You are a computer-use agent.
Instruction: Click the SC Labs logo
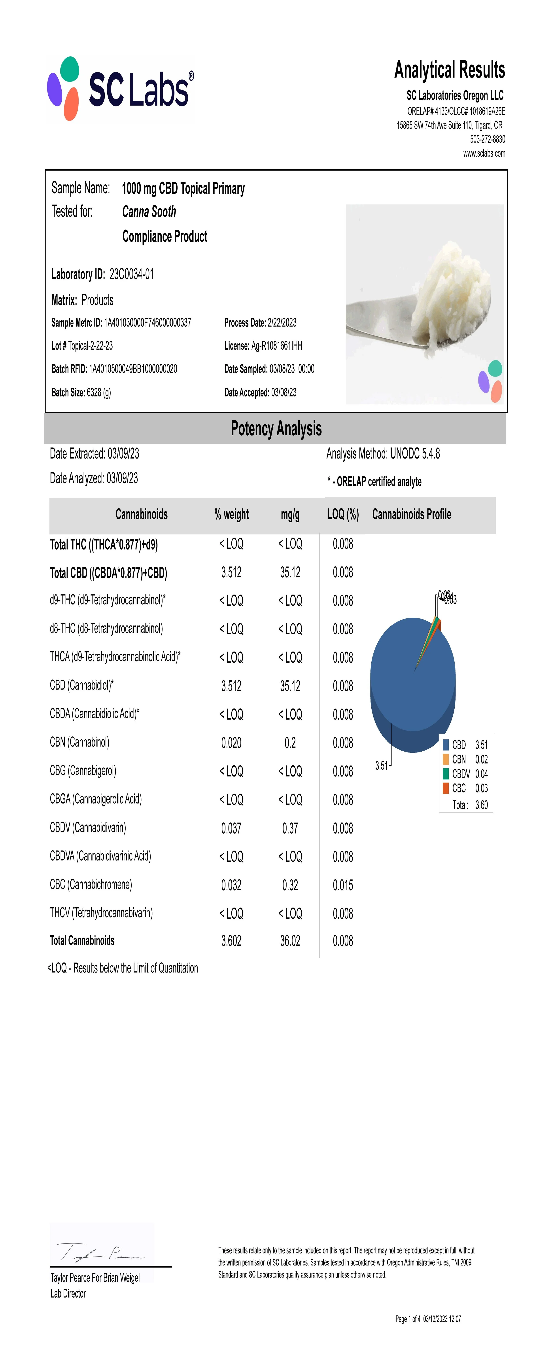[x=120, y=89]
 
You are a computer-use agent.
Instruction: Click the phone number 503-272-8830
[x=487, y=139]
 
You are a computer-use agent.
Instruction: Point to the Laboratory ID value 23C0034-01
[x=132, y=274]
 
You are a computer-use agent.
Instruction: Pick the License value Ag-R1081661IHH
[x=276, y=346]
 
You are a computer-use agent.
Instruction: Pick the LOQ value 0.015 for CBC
[x=343, y=885]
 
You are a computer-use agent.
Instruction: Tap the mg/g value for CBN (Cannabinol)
[x=290, y=743]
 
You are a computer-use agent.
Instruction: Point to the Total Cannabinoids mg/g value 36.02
[x=290, y=941]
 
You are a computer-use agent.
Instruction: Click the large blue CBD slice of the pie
[x=406, y=685]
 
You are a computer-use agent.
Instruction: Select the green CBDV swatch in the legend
[x=446, y=773]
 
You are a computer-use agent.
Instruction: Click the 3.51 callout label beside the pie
[x=381, y=766]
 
